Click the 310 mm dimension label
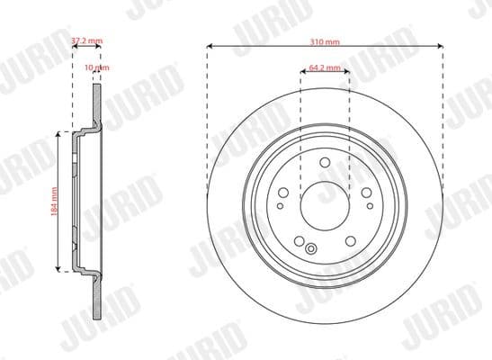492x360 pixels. coord(325,41)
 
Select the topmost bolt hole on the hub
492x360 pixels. coord(325,164)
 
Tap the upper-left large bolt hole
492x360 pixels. coord(286,191)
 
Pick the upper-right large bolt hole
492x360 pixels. coord(365,191)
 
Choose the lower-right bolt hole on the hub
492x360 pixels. coord(349,236)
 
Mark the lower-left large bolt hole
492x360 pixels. coord(300,236)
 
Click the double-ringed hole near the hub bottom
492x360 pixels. coord(311,249)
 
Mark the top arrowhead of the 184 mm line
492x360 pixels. coord(60,132)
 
